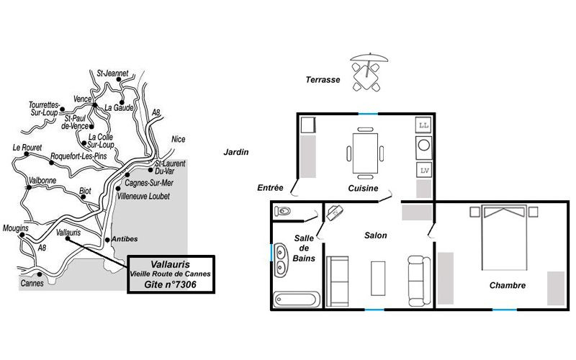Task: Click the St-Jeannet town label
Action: point(112,73)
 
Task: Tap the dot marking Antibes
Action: point(107,240)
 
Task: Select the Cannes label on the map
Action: point(32,283)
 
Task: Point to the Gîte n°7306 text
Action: point(170,284)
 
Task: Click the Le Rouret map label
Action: point(27,148)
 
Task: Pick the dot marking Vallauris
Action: point(68,238)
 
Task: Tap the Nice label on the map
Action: point(178,139)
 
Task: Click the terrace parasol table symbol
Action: point(368,72)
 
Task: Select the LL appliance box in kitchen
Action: point(423,125)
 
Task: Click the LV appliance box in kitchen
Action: point(424,171)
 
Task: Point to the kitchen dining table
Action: point(365,153)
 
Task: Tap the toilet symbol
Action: point(282,211)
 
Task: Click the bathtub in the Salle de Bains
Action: point(297,300)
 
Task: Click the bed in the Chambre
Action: point(505,238)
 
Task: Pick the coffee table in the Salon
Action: point(378,278)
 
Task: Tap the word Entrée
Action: point(271,188)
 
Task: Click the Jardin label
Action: point(236,152)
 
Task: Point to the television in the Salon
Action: point(335,212)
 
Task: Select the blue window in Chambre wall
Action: point(505,310)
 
